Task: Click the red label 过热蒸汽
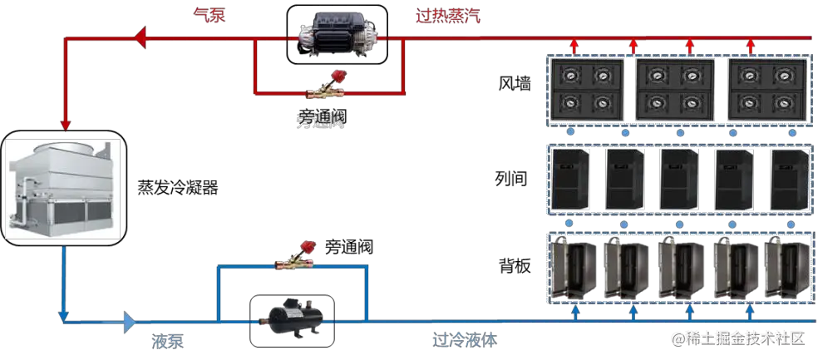448,16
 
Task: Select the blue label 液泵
167,341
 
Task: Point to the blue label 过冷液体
466,340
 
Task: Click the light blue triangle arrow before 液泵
129,321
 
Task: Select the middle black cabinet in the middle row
678,178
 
